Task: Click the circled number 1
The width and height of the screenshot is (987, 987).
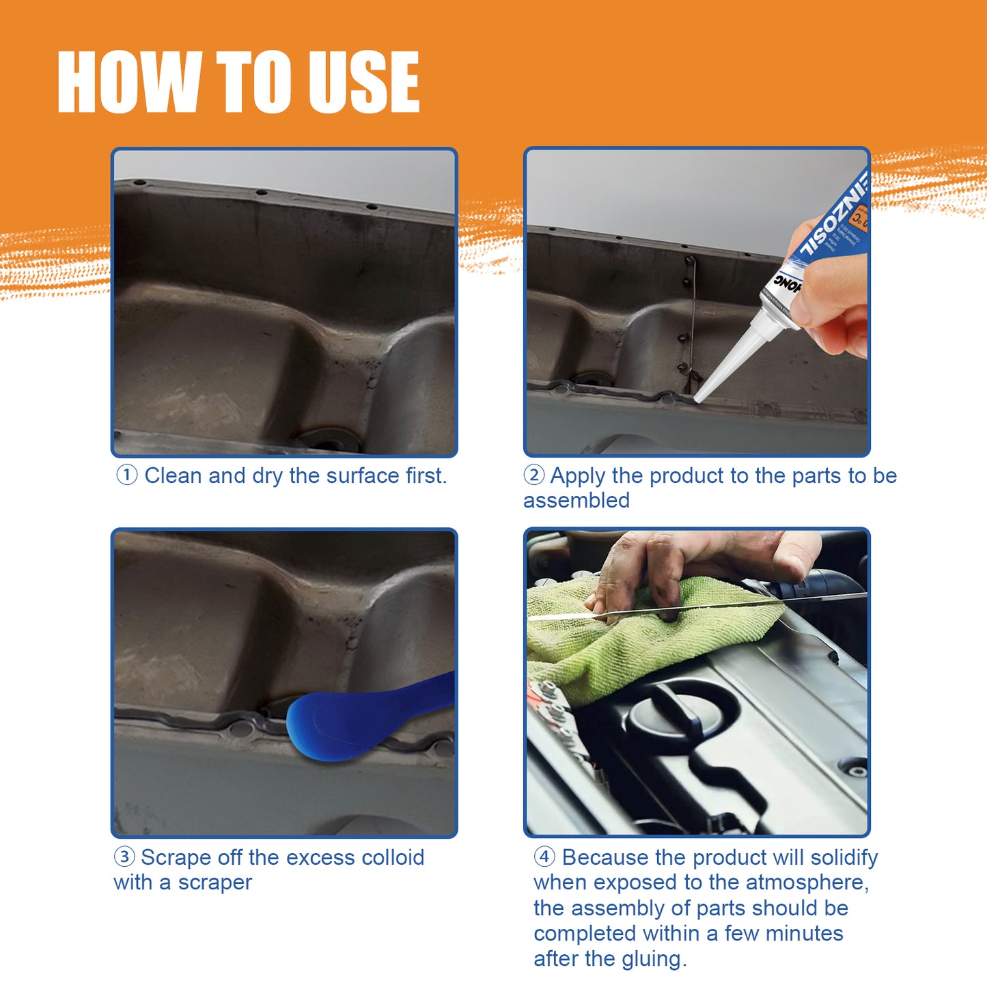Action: [127, 475]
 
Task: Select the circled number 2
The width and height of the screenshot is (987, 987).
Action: [533, 475]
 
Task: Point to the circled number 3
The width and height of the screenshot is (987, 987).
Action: [124, 857]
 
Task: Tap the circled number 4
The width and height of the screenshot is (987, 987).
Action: [544, 857]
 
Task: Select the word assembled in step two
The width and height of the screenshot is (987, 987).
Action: [576, 501]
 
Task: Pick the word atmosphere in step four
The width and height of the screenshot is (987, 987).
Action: [806, 882]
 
